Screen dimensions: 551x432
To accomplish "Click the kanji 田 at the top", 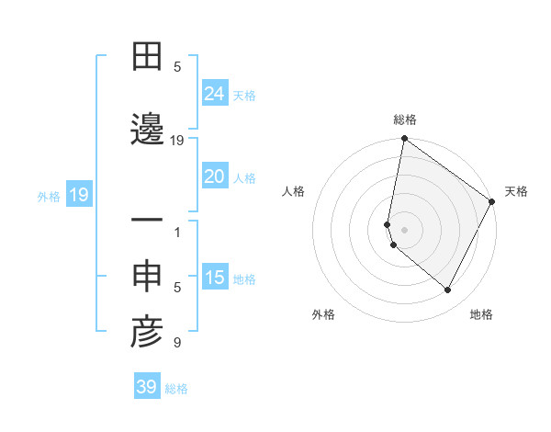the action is click(x=147, y=58).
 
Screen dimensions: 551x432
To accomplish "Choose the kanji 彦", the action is click(x=147, y=334).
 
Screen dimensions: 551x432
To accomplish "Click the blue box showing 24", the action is click(x=215, y=94).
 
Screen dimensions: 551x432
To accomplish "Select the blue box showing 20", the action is click(x=215, y=176).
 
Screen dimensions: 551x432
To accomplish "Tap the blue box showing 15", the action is click(x=215, y=278).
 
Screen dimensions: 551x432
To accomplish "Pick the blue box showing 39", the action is click(x=147, y=387).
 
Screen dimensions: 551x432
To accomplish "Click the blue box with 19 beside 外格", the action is click(x=78, y=195).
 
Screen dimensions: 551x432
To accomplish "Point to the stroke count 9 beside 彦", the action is click(x=177, y=344).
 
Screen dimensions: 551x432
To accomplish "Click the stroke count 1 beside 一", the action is click(x=177, y=233).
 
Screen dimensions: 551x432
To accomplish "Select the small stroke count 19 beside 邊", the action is click(x=177, y=141).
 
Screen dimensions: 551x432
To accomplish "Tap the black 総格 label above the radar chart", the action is click(x=405, y=119).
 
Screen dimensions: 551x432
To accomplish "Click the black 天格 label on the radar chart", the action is click(x=516, y=191).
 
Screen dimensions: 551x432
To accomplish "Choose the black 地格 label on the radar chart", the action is click(x=481, y=315).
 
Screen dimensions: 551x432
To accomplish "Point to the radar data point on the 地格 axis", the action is click(x=448, y=290).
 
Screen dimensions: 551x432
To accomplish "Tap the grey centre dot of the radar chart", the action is click(x=405, y=230).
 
